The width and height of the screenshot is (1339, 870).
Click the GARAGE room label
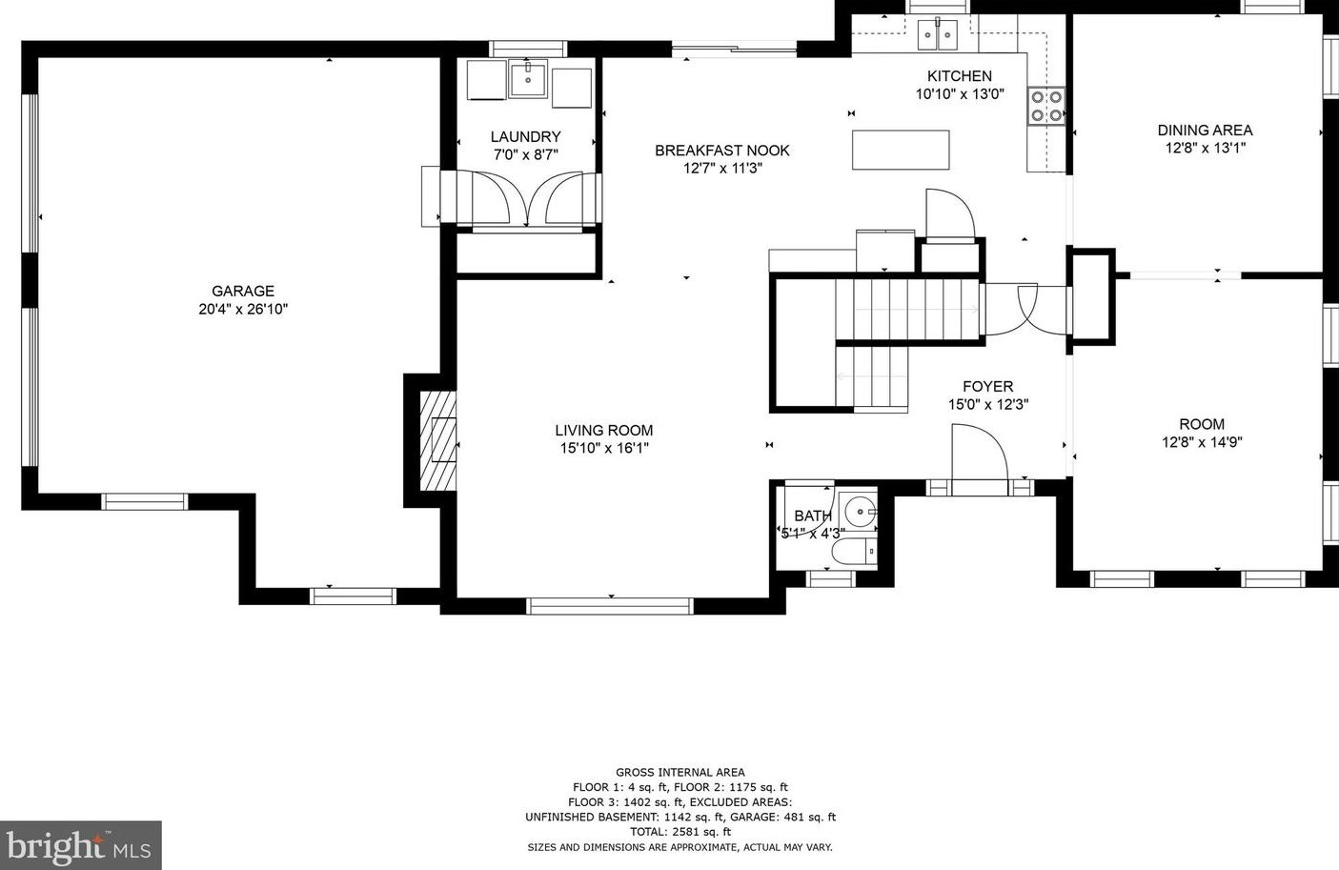pyautogui.click(x=243, y=291)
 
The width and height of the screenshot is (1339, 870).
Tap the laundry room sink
pyautogui.click(x=528, y=79)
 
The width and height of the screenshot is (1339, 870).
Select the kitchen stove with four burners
pyautogui.click(x=1046, y=106)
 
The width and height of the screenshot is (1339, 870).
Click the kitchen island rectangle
pyautogui.click(x=901, y=150)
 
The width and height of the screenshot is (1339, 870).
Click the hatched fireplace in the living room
pyautogui.click(x=438, y=440)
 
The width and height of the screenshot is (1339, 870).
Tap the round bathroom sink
pyautogui.click(x=860, y=511)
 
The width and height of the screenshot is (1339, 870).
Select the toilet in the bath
pyautogui.click(x=854, y=552)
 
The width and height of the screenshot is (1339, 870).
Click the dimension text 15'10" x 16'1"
pyautogui.click(x=604, y=448)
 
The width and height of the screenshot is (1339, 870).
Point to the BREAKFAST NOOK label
pyautogui.click(x=722, y=151)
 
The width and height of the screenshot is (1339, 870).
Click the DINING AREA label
pyautogui.click(x=1205, y=131)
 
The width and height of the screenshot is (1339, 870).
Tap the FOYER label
pyautogui.click(x=988, y=387)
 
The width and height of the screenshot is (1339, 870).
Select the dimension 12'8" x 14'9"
pyautogui.click(x=1202, y=442)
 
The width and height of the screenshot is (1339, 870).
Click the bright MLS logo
pyautogui.click(x=80, y=845)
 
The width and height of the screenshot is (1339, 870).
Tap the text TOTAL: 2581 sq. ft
pyautogui.click(x=680, y=831)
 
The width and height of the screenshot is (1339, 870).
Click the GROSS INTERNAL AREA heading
pyautogui.click(x=680, y=772)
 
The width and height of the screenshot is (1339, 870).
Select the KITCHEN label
pyautogui.click(x=960, y=76)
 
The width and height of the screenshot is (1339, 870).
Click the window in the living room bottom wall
pyautogui.click(x=610, y=606)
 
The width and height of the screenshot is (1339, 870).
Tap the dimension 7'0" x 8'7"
pyautogui.click(x=526, y=154)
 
